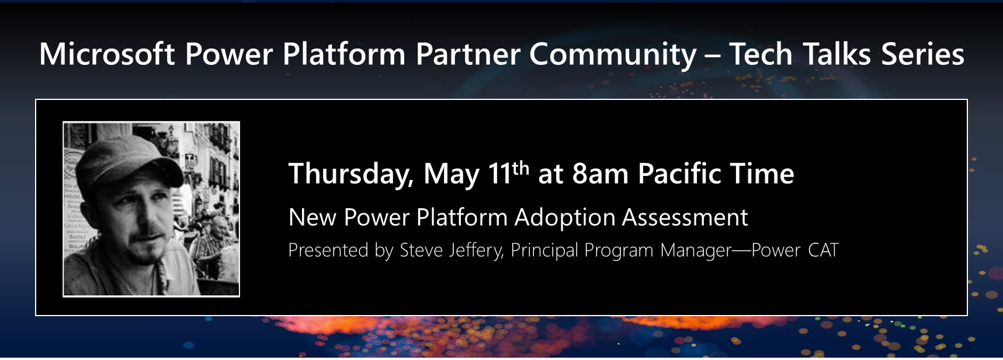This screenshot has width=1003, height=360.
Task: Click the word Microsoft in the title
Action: pos(107,54)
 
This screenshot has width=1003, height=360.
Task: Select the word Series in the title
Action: pos(922,54)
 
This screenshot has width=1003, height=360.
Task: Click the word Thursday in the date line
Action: pos(350,175)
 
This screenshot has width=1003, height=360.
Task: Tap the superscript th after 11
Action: pos(520,168)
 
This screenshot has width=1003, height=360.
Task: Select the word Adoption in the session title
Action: pos(565,218)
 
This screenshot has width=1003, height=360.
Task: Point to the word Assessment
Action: pos(685,218)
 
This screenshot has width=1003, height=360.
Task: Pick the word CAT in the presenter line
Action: pos(823,251)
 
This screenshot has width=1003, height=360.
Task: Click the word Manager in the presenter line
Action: pos(696,251)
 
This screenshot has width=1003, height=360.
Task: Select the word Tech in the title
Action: pos(761,54)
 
